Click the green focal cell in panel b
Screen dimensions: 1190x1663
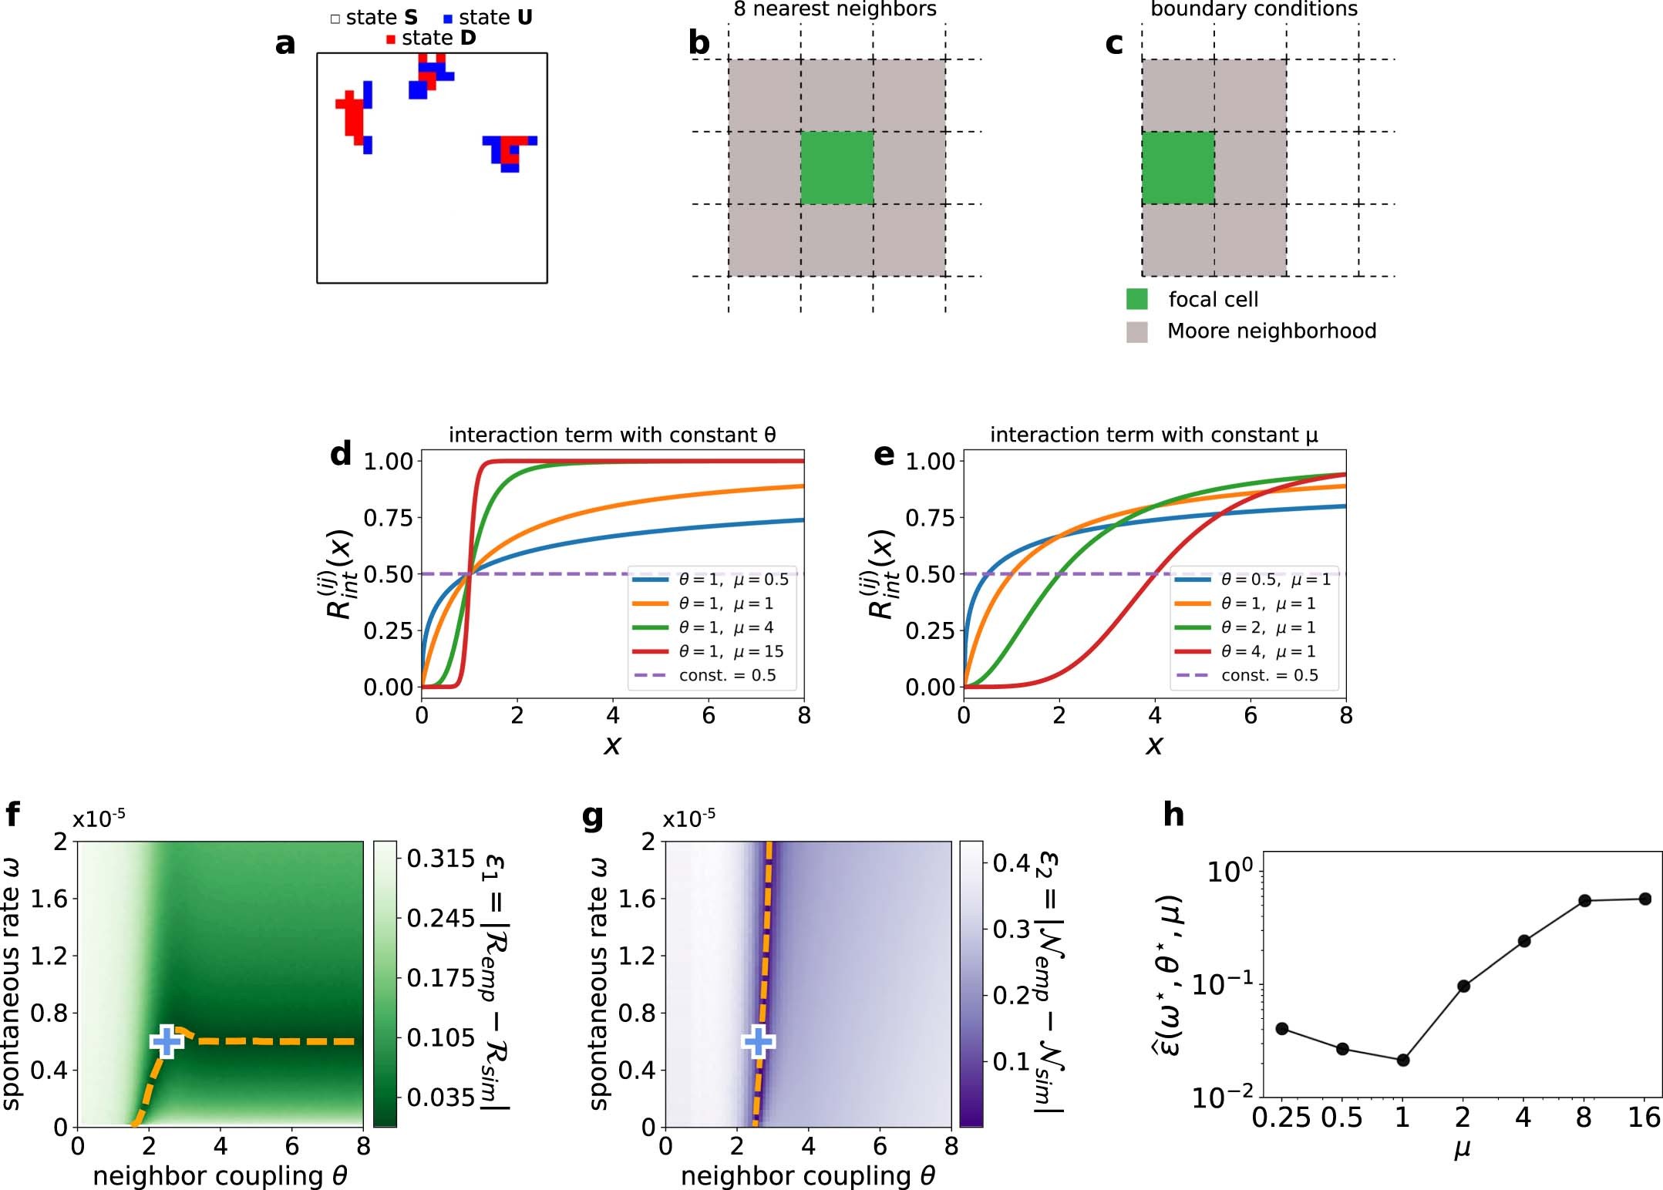[x=837, y=168]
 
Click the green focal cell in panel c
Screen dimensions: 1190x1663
[x=1177, y=168]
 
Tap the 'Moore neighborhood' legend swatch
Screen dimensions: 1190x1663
[x=1136, y=332]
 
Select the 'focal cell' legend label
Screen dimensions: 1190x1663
[x=1213, y=300]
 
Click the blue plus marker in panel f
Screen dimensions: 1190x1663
[x=167, y=1042]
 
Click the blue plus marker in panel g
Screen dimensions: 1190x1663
[x=758, y=1042]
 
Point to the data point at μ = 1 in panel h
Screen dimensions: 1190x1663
[x=1402, y=1061]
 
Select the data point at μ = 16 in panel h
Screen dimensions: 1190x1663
[x=1644, y=899]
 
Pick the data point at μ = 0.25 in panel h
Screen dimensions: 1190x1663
[x=1282, y=1029]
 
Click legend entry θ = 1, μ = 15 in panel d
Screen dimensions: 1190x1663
[x=730, y=652]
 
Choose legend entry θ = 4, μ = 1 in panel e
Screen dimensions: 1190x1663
[x=1267, y=652]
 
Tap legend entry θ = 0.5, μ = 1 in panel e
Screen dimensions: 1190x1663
[x=1275, y=580]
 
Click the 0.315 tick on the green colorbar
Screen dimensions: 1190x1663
[x=440, y=859]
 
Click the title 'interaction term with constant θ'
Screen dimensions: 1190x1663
[x=612, y=435]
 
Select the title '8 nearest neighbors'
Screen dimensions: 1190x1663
[x=835, y=9]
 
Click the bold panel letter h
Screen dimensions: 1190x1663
[x=1173, y=815]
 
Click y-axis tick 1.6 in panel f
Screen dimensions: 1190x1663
[x=49, y=899]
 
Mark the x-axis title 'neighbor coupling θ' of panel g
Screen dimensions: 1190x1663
[x=807, y=1176]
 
